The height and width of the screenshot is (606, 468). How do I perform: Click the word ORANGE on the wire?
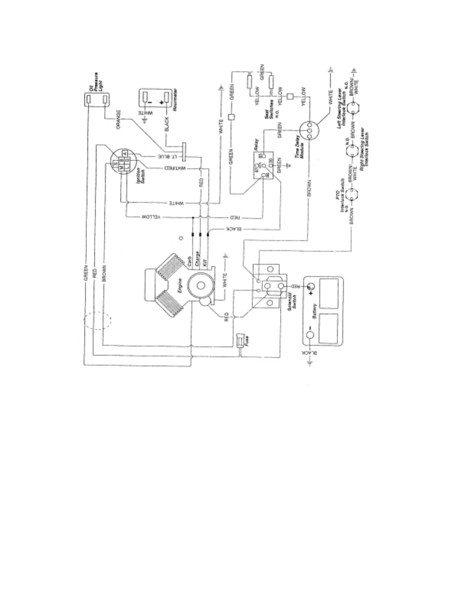point(119,120)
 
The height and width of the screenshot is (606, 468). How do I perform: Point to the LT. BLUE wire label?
point(167,157)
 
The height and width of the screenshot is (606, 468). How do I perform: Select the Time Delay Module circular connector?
point(309,130)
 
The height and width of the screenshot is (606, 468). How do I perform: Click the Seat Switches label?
point(269,108)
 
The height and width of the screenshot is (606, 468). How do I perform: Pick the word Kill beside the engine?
point(205,264)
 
